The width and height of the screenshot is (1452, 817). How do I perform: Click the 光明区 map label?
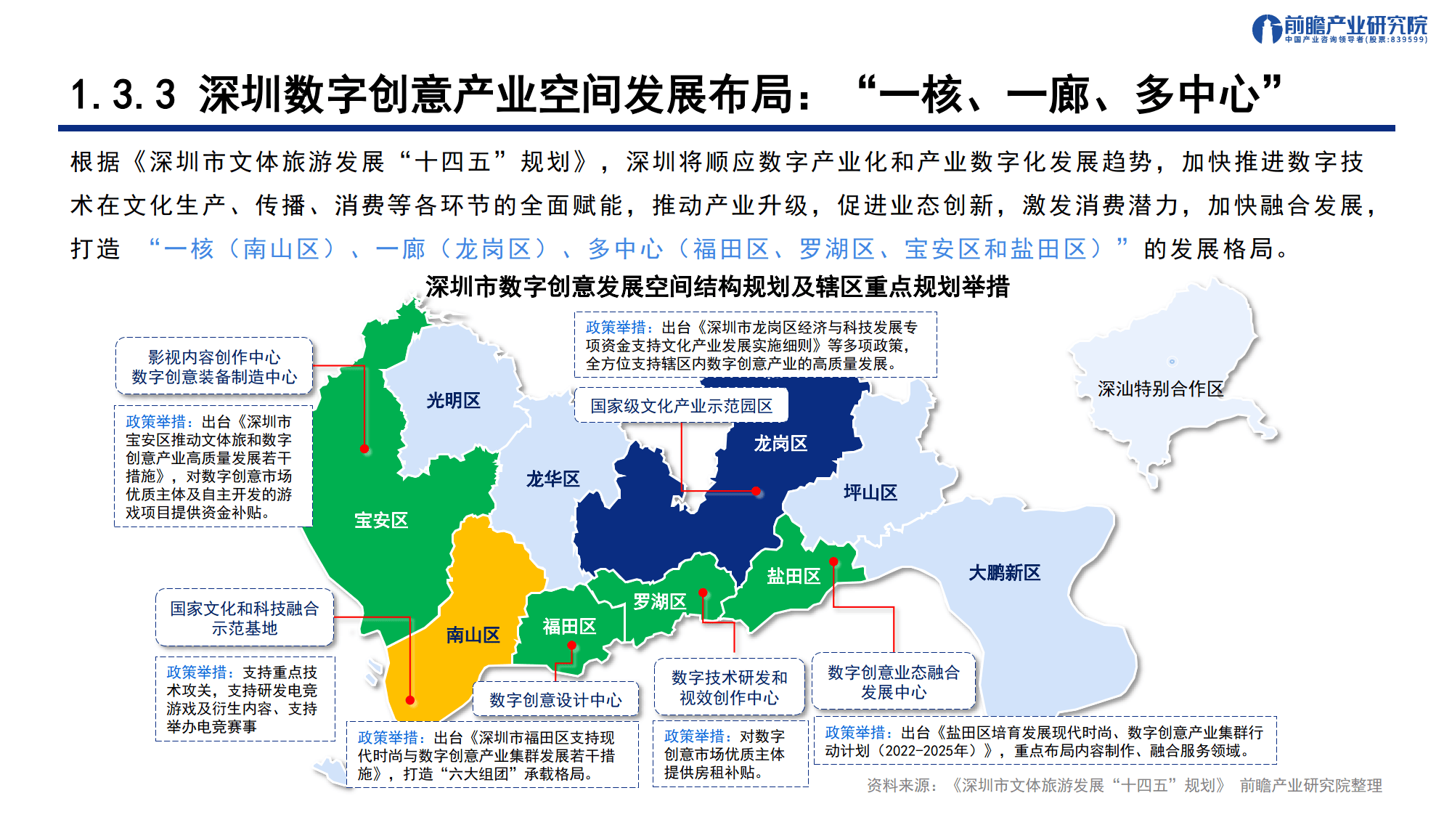pyautogui.click(x=453, y=401)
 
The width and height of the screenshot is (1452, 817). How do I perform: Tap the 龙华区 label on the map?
pyautogui.click(x=552, y=479)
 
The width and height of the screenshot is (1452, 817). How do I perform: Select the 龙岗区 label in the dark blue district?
pyautogui.click(x=780, y=444)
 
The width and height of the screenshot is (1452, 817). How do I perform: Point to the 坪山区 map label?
pyautogui.click(x=870, y=493)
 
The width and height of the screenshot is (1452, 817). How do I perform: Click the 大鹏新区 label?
pyautogui.click(x=1004, y=573)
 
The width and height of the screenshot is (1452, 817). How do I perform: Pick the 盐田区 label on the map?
pyautogui.click(x=793, y=577)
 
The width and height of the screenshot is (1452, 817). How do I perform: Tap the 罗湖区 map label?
pyautogui.click(x=659, y=602)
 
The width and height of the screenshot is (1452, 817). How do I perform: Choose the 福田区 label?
pyautogui.click(x=569, y=627)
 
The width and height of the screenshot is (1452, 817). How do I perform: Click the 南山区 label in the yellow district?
pyautogui.click(x=473, y=635)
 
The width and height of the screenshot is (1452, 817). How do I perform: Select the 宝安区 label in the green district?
pyautogui.click(x=380, y=521)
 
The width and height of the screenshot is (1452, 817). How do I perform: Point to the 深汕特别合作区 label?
pyautogui.click(x=1160, y=389)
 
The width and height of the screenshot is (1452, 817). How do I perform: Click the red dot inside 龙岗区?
pyautogui.click(x=756, y=492)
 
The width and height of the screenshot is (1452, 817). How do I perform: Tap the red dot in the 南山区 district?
pyautogui.click(x=410, y=700)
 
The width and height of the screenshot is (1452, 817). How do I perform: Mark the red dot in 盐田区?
pyautogui.click(x=833, y=561)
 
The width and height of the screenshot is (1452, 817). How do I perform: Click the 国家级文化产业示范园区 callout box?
pyautogui.click(x=681, y=406)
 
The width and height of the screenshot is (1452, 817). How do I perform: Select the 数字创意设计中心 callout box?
pyautogui.click(x=555, y=700)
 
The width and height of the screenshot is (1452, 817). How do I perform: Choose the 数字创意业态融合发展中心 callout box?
pyautogui.click(x=893, y=682)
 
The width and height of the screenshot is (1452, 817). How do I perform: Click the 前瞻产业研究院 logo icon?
pyautogui.click(x=1266, y=29)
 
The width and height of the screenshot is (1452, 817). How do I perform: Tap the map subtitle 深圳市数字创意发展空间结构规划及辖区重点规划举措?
pyautogui.click(x=717, y=288)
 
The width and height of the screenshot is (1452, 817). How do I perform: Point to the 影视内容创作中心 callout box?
pyautogui.click(x=214, y=367)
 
